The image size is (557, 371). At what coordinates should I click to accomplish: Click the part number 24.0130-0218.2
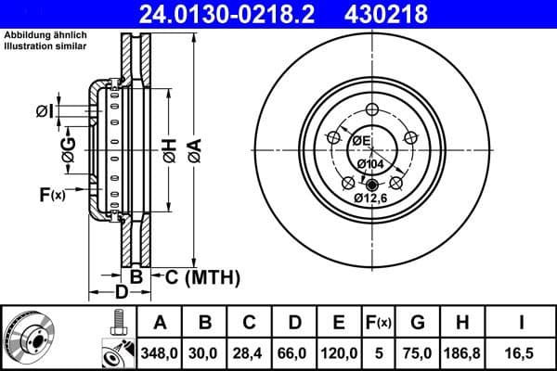click(241, 14)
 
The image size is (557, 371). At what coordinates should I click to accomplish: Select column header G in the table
click(417, 323)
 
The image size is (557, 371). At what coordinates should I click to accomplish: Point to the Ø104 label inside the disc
click(370, 163)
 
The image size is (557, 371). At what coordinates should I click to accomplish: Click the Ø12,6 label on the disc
click(371, 197)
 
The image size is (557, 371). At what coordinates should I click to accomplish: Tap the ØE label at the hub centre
click(361, 140)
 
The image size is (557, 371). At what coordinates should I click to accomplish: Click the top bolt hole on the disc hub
click(371, 109)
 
